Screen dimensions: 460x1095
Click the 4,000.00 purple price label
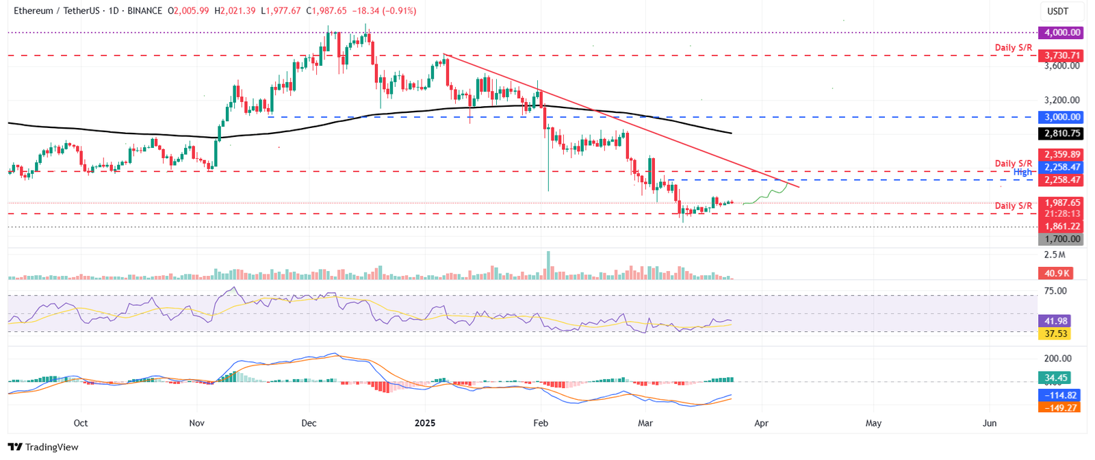1061,32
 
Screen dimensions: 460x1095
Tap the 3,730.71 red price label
1061,55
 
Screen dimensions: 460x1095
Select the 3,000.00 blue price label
1061,117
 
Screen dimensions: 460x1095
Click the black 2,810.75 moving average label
1061,133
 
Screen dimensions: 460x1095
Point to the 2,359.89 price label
1061,155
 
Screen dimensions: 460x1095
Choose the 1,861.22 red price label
1061,226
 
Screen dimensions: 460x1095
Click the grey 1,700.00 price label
1061,239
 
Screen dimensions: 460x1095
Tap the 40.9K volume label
1057,273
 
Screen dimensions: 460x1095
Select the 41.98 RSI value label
1055,321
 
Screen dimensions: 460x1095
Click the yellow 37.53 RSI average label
1055,333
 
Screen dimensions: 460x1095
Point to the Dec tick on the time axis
309,423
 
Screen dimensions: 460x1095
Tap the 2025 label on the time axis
425,423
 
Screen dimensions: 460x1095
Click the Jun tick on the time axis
990,423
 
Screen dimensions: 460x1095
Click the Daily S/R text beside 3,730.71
1013,47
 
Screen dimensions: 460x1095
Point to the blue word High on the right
1022,172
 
